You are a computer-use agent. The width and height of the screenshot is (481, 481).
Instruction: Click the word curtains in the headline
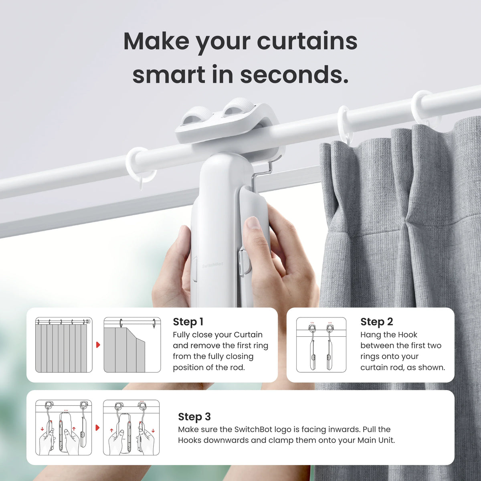pyautogui.click(x=307, y=41)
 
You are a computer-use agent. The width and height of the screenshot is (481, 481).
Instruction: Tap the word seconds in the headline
pyautogui.click(x=294, y=75)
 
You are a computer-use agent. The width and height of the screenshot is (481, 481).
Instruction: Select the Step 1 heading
pyautogui.click(x=188, y=322)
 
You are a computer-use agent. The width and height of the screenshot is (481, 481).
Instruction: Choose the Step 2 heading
pyautogui.click(x=376, y=322)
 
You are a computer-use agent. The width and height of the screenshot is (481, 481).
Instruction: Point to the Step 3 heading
pyautogui.click(x=194, y=417)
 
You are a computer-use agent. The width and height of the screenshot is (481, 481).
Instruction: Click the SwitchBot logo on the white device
pyautogui.click(x=212, y=265)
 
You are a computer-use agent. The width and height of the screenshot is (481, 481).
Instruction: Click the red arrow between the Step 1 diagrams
pyautogui.click(x=98, y=345)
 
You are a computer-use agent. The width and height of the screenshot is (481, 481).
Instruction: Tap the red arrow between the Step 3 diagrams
pyautogui.click(x=97, y=428)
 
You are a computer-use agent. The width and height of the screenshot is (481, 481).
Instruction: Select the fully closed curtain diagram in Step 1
pyautogui.click(x=64, y=345)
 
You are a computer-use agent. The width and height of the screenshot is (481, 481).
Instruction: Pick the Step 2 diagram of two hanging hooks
pyautogui.click(x=321, y=345)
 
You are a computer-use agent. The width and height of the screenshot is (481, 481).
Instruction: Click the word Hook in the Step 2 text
pyautogui.click(x=408, y=335)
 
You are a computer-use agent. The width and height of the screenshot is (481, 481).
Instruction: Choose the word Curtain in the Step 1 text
pyautogui.click(x=248, y=335)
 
